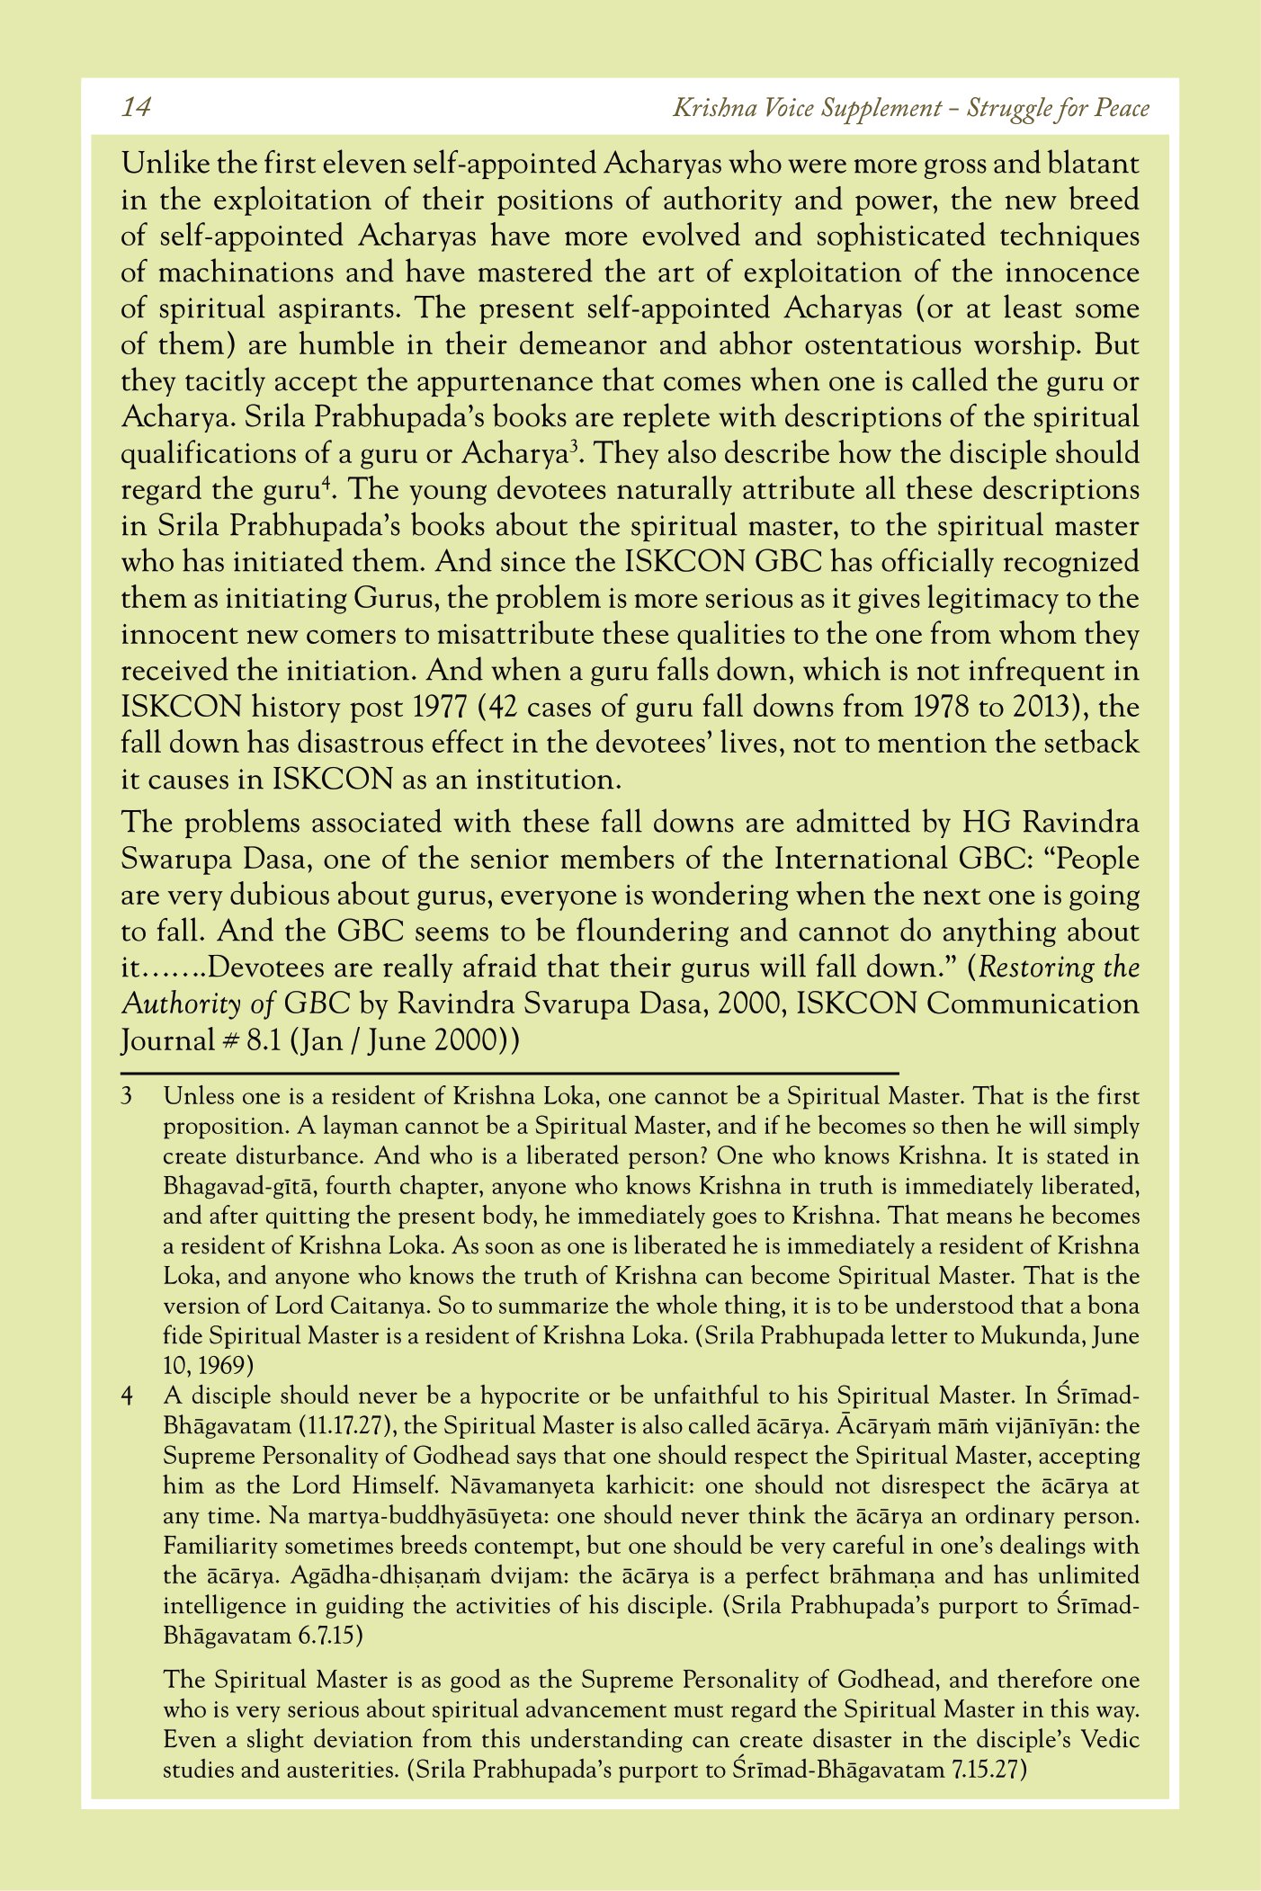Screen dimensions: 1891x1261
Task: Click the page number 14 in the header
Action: coord(136,108)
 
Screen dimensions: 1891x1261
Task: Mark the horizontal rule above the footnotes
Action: coord(510,1073)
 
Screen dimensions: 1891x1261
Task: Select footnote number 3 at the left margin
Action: coord(128,1097)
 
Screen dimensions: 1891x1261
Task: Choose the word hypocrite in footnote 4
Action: coord(529,1396)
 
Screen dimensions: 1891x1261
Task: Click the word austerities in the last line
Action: coord(341,1771)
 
